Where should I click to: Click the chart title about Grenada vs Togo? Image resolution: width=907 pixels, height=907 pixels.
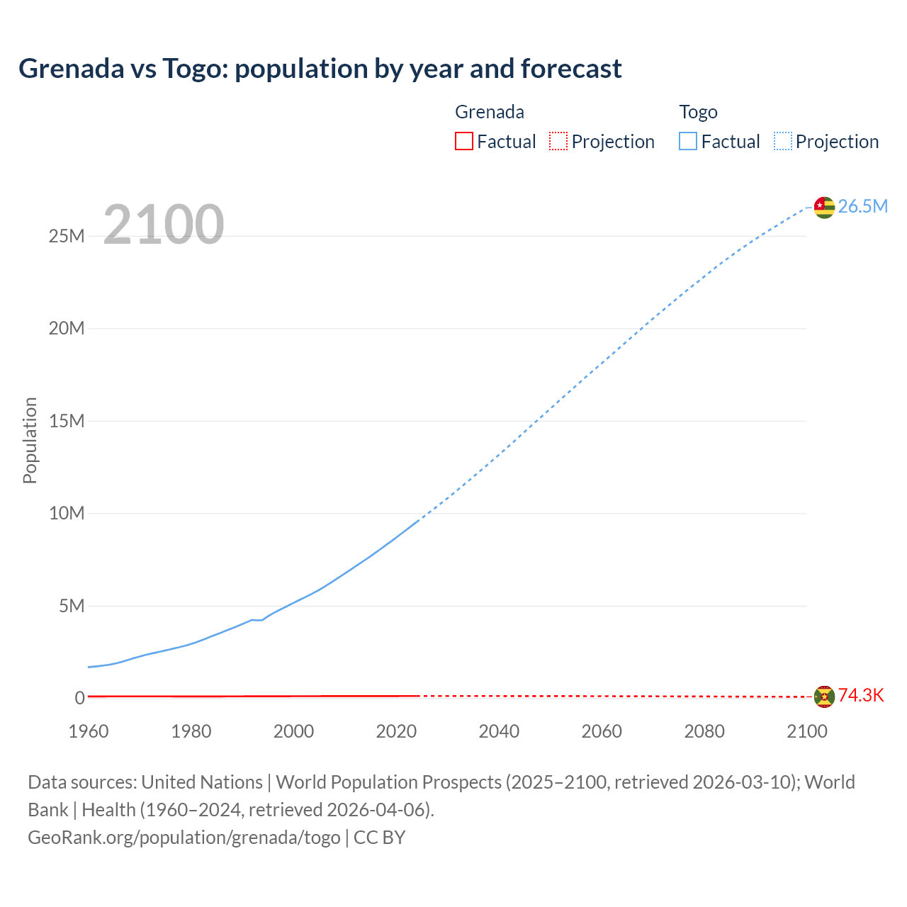(x=320, y=69)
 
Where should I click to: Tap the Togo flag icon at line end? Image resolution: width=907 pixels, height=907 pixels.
(x=824, y=207)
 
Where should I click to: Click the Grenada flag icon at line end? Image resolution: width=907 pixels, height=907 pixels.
(x=824, y=697)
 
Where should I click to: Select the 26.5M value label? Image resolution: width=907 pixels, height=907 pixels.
(x=862, y=206)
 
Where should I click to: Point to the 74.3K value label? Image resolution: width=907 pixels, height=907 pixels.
(x=861, y=695)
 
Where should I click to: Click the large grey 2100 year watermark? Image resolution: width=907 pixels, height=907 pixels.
(x=164, y=225)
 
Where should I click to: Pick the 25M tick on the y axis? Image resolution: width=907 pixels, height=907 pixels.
(x=67, y=236)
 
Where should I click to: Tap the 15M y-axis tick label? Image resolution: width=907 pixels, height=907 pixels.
(x=67, y=421)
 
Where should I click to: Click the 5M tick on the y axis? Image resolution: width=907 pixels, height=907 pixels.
(x=72, y=606)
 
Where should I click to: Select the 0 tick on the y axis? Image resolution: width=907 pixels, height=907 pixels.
(x=79, y=698)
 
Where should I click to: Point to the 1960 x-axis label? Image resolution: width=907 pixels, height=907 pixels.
(x=89, y=731)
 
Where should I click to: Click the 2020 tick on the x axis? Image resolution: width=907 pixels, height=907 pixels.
(x=396, y=731)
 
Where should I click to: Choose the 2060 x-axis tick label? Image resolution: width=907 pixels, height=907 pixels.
(x=602, y=731)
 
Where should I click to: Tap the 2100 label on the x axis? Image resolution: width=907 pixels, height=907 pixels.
(x=806, y=731)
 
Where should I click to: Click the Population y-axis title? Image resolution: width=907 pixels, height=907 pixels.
(x=30, y=440)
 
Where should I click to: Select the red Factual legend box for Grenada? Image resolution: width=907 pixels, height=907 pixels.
(x=463, y=141)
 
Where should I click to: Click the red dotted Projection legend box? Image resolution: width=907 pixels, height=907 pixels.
(x=558, y=141)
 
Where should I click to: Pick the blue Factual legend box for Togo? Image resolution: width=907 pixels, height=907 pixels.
(x=687, y=141)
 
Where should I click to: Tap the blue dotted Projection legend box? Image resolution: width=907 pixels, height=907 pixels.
(x=782, y=141)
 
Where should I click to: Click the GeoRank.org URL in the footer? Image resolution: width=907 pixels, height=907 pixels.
(x=184, y=838)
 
